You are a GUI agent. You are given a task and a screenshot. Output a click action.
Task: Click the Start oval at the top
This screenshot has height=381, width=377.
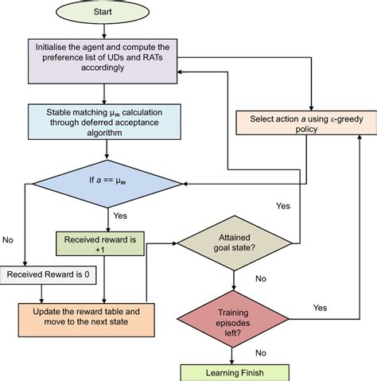pos(108,13)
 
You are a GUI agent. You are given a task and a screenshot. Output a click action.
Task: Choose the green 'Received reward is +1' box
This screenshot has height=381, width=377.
pos(100,243)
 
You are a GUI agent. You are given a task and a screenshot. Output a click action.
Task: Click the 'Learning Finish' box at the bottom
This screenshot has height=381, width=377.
pos(233,371)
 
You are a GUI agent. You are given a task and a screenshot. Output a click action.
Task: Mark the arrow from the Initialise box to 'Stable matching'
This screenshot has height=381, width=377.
pos(108,92)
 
